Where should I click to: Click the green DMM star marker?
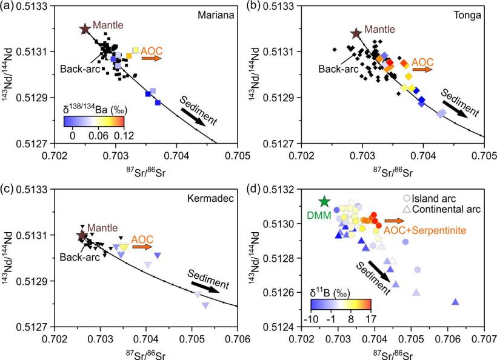click(324, 201)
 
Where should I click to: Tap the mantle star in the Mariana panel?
click(85, 28)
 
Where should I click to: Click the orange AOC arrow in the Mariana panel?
click(153, 58)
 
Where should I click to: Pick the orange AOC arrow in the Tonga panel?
click(425, 70)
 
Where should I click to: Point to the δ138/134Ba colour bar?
click(93, 121)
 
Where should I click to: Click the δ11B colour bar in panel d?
click(341, 303)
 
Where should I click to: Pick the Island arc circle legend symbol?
click(407, 198)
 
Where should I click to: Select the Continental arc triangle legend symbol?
click(407, 209)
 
